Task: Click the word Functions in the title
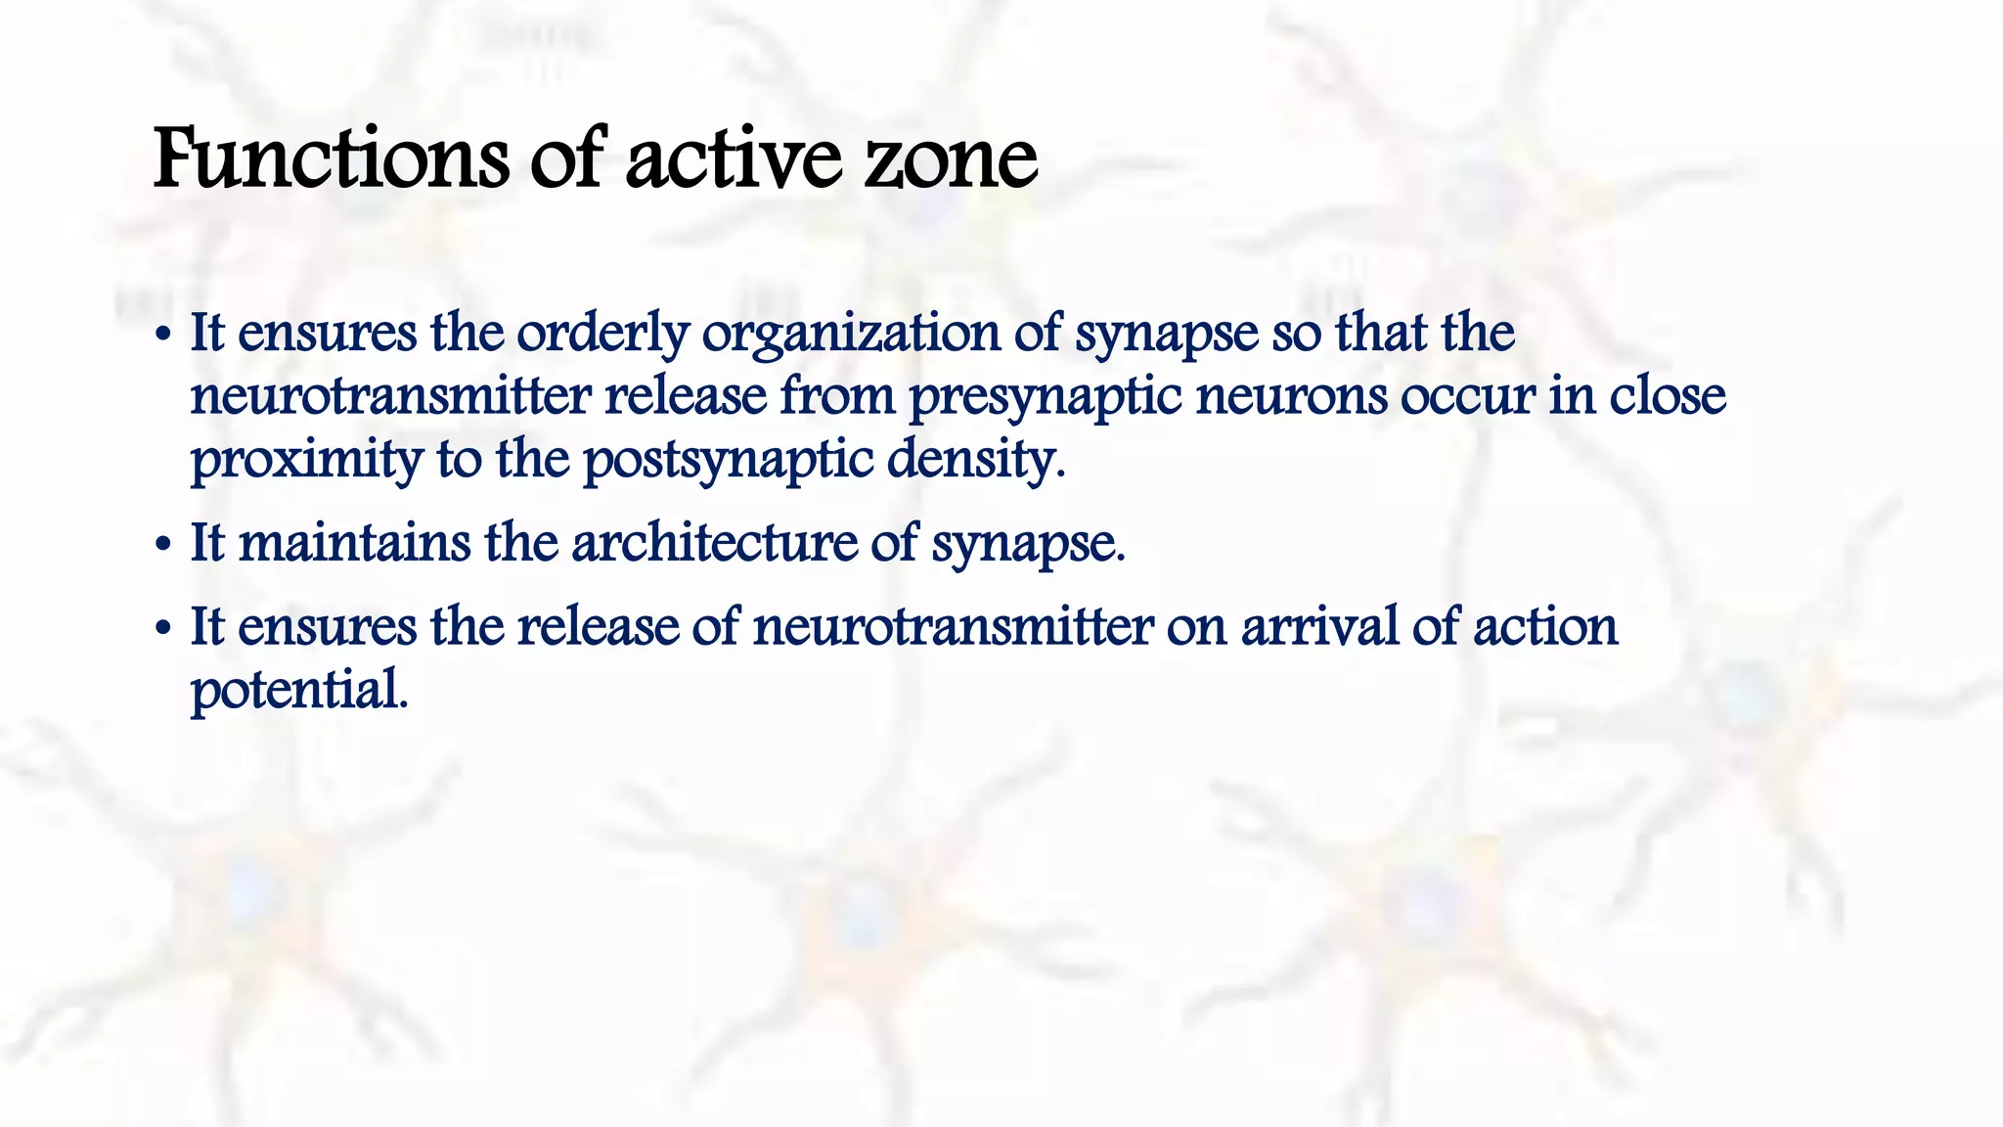tap(331, 159)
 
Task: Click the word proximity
tap(306, 460)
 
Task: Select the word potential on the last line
tap(298, 691)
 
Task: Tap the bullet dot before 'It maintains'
tap(163, 546)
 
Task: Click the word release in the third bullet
tap(598, 627)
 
